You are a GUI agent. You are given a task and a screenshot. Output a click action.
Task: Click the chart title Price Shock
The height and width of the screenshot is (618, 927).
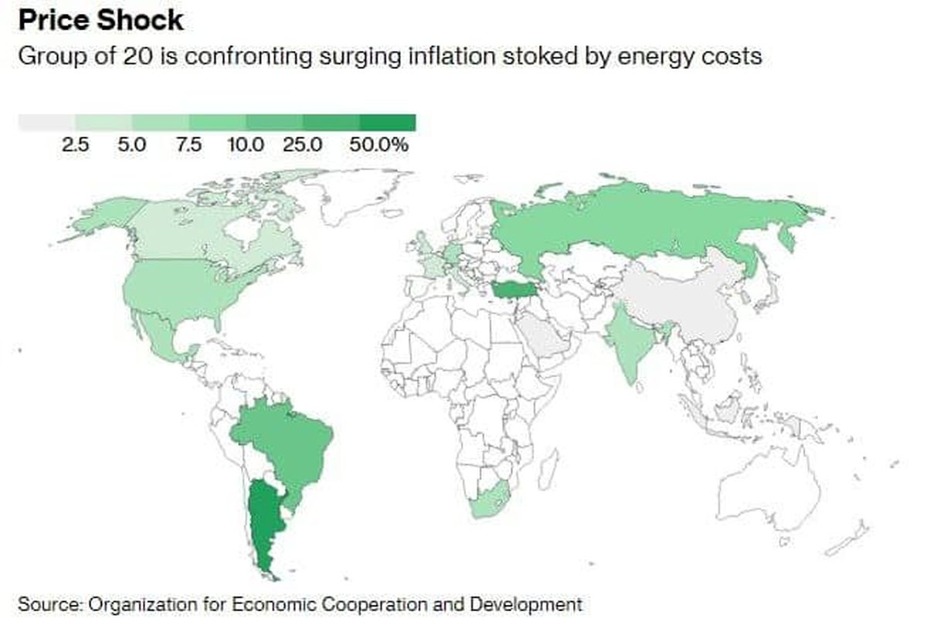click(x=101, y=20)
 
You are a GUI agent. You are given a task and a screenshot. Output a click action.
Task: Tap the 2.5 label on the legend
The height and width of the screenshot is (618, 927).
click(x=76, y=144)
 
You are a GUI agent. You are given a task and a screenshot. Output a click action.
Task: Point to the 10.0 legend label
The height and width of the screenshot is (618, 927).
click(x=246, y=144)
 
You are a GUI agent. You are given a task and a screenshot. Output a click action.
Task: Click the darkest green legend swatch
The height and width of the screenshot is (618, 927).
click(x=388, y=123)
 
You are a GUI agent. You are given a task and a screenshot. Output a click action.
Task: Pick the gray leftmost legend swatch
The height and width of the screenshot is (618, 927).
click(x=46, y=123)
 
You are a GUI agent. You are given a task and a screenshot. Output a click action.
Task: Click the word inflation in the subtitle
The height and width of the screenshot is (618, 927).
click(x=436, y=56)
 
